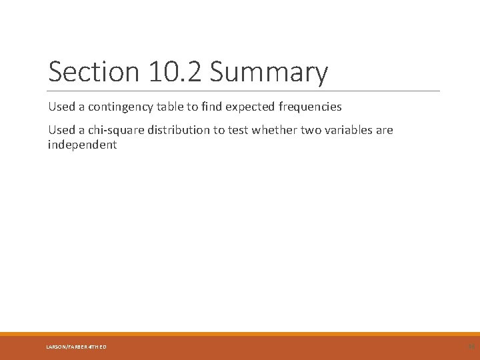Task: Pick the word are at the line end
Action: pyautogui.click(x=385, y=130)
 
